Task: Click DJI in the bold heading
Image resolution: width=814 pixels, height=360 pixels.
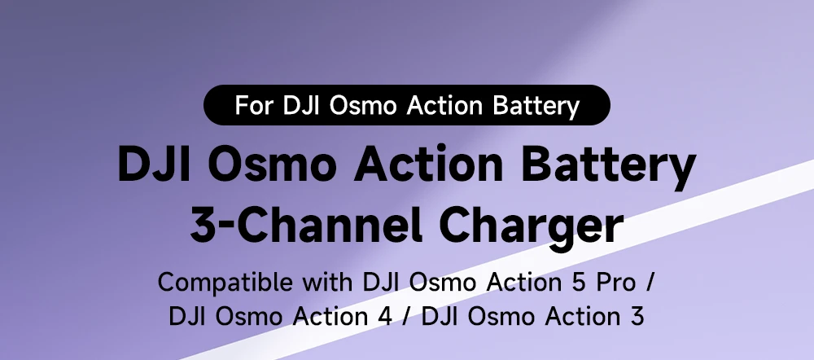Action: click(153, 164)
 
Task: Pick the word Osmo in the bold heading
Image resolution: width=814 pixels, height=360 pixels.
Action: click(269, 164)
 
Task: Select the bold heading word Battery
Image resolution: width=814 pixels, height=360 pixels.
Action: click(608, 166)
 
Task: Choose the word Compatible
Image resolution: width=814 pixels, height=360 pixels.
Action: click(225, 282)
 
